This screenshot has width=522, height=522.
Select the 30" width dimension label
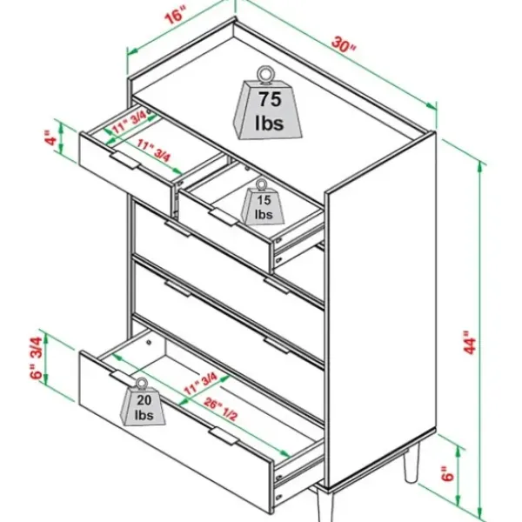click(x=344, y=44)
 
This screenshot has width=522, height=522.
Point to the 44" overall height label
click(x=470, y=342)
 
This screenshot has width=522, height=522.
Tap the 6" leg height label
click(x=448, y=474)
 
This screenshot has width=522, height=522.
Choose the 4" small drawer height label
click(x=51, y=138)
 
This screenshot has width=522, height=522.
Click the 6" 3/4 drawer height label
click(x=37, y=358)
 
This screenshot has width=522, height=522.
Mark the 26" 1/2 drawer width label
click(x=221, y=409)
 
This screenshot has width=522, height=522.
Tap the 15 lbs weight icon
click(x=263, y=204)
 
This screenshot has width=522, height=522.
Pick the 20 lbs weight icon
click(x=143, y=404)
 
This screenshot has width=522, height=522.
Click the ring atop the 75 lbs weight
click(x=265, y=74)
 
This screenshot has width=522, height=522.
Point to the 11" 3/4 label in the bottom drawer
click(x=201, y=383)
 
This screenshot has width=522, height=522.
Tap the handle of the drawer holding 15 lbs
click(x=224, y=217)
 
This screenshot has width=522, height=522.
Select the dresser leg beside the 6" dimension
click(x=412, y=465)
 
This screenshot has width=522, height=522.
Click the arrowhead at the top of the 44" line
click(x=479, y=167)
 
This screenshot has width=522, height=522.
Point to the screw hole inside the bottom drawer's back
click(x=149, y=342)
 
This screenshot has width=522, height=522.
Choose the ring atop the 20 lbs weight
click(x=142, y=384)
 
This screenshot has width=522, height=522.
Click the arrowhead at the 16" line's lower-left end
click(x=132, y=51)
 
